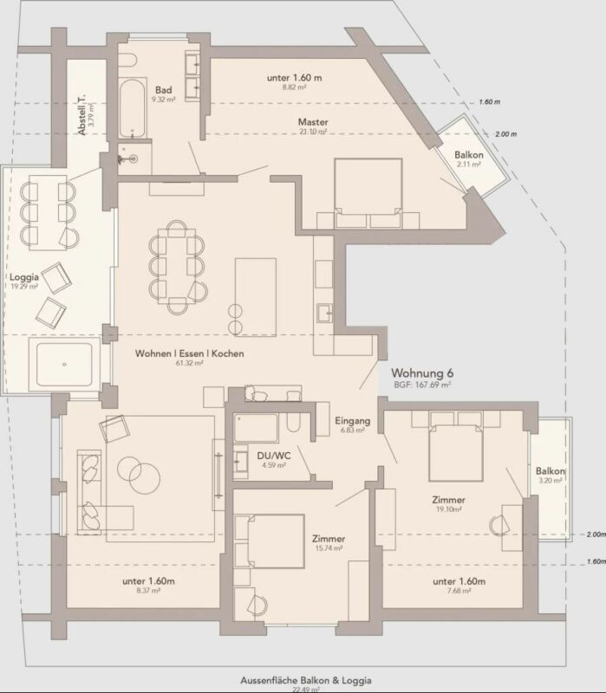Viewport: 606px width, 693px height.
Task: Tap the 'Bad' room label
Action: [163, 90]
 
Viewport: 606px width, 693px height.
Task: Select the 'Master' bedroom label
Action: [312, 121]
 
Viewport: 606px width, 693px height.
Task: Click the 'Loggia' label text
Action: [23, 278]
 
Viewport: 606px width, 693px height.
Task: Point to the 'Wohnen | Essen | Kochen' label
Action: [189, 353]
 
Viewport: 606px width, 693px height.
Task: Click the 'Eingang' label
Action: [353, 421]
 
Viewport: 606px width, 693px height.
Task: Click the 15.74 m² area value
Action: [329, 548]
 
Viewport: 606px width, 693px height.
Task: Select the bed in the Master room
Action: [368, 186]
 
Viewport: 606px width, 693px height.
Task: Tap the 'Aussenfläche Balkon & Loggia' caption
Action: [303, 681]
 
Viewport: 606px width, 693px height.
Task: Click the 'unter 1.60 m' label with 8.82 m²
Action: [295, 77]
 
